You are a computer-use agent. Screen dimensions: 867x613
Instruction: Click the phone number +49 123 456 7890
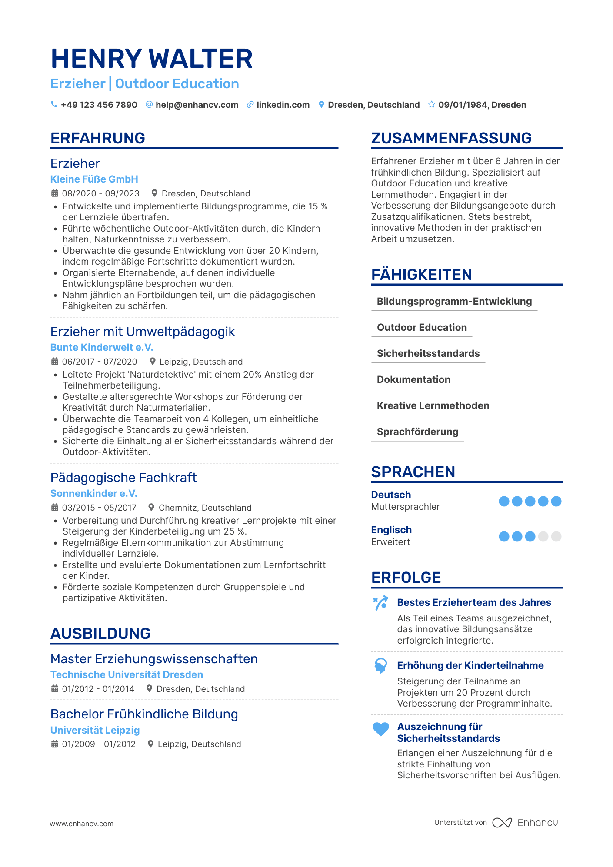99,105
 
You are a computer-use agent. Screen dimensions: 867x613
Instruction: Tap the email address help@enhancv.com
197,105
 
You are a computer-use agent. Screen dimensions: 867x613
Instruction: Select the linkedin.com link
283,105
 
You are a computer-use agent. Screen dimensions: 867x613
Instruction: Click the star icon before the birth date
431,104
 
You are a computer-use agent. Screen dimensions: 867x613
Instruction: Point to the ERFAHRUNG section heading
98,138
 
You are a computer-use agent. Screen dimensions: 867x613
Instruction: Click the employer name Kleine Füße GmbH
94,179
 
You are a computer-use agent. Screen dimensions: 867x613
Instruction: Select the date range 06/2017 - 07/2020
100,362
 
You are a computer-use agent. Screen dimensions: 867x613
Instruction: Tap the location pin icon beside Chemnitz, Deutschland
151,507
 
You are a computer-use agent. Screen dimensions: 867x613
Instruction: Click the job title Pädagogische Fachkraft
123,478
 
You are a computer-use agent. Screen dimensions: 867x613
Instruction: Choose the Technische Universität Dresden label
127,674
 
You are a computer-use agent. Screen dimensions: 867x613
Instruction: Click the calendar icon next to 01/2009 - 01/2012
55,744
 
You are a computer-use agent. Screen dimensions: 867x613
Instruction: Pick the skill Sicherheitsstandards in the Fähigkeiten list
428,353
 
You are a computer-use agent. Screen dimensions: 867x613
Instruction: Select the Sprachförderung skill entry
417,432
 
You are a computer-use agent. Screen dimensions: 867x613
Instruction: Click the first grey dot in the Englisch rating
543,536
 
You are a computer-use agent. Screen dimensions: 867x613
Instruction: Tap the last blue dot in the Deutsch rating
556,501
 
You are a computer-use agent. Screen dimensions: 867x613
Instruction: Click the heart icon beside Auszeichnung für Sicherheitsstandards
381,729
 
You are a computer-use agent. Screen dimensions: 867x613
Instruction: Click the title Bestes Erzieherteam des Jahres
474,602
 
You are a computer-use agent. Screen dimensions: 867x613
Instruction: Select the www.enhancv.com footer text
82,824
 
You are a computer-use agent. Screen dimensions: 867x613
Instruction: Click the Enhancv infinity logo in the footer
502,823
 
